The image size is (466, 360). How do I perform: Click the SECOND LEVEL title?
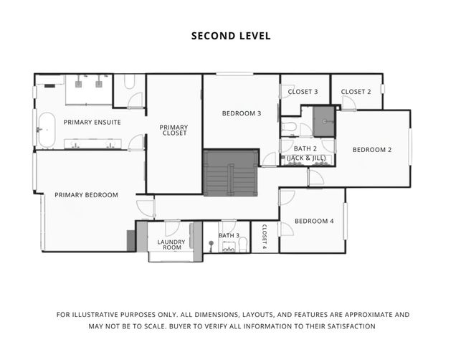tap(231, 35)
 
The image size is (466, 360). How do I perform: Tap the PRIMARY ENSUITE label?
tap(92, 122)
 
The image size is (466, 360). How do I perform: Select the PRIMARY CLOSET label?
tap(173, 130)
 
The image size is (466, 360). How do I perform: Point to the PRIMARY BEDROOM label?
tap(86, 194)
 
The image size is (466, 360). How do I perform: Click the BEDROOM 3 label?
tap(241, 113)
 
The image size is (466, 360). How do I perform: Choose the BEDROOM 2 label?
tap(371, 150)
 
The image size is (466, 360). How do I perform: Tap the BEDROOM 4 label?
tap(314, 221)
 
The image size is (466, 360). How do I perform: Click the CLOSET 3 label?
tap(303, 92)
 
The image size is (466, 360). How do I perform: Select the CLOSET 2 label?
tap(356, 92)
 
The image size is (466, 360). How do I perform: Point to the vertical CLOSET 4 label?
tap(264, 236)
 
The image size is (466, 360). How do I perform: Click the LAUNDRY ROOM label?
tap(171, 245)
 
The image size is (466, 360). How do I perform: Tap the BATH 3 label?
tap(229, 235)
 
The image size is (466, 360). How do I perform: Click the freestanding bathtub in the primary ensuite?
tap(46, 130)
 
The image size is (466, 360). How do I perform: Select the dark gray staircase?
tap(230, 173)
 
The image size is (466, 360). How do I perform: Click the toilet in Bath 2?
tap(289, 128)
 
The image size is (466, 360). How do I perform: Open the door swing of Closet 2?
tap(348, 104)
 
